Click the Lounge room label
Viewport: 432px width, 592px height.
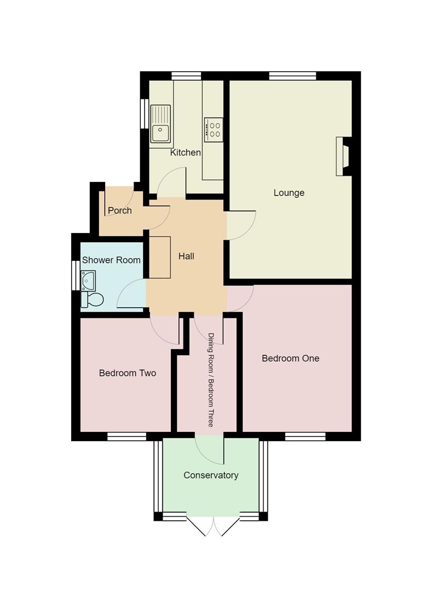(x=289, y=193)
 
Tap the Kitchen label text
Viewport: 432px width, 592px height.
(x=185, y=152)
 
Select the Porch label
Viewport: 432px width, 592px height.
(x=119, y=210)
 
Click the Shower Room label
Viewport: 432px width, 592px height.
(x=111, y=260)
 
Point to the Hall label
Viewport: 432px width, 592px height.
(x=186, y=256)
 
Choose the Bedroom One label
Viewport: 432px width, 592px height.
(x=290, y=358)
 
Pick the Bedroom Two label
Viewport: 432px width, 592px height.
(x=127, y=373)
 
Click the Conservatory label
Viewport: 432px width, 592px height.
(x=211, y=475)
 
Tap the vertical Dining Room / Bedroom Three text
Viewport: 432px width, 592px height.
(x=210, y=379)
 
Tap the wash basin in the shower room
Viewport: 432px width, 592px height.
(x=88, y=280)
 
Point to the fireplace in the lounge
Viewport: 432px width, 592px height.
(x=343, y=156)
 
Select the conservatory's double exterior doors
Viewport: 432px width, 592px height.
(x=213, y=526)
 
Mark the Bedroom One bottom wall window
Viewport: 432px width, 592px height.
(x=305, y=436)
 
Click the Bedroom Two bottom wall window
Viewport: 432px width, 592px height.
(x=126, y=436)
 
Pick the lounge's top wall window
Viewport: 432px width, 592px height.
(x=292, y=76)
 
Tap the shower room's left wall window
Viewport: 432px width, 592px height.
(x=76, y=275)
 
